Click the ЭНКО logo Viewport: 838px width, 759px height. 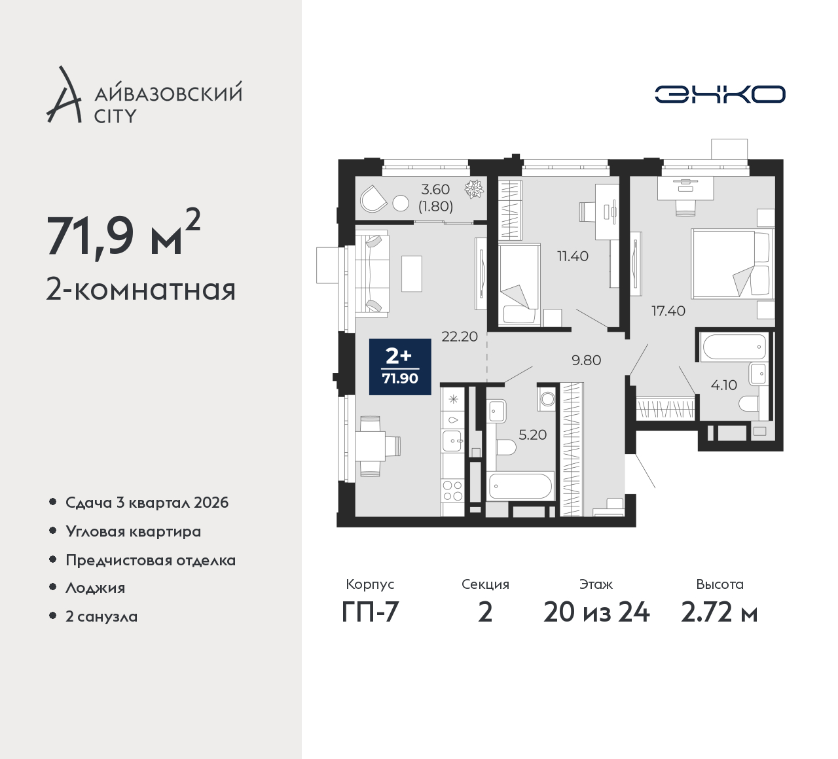(720, 94)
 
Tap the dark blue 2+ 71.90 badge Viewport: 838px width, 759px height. (400, 366)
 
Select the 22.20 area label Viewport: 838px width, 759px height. (460, 336)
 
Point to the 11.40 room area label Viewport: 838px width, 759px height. (573, 256)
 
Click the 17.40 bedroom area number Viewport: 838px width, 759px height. (668, 311)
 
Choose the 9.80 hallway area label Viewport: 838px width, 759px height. (586, 360)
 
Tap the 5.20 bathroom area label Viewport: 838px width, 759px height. (533, 435)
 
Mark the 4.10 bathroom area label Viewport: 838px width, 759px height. (724, 385)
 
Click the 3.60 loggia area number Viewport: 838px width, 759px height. (435, 190)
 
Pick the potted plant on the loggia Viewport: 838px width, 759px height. (474, 189)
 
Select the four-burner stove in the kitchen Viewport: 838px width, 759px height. (453, 490)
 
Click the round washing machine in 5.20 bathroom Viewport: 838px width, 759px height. (547, 399)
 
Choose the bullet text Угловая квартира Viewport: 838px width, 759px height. (134, 532)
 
